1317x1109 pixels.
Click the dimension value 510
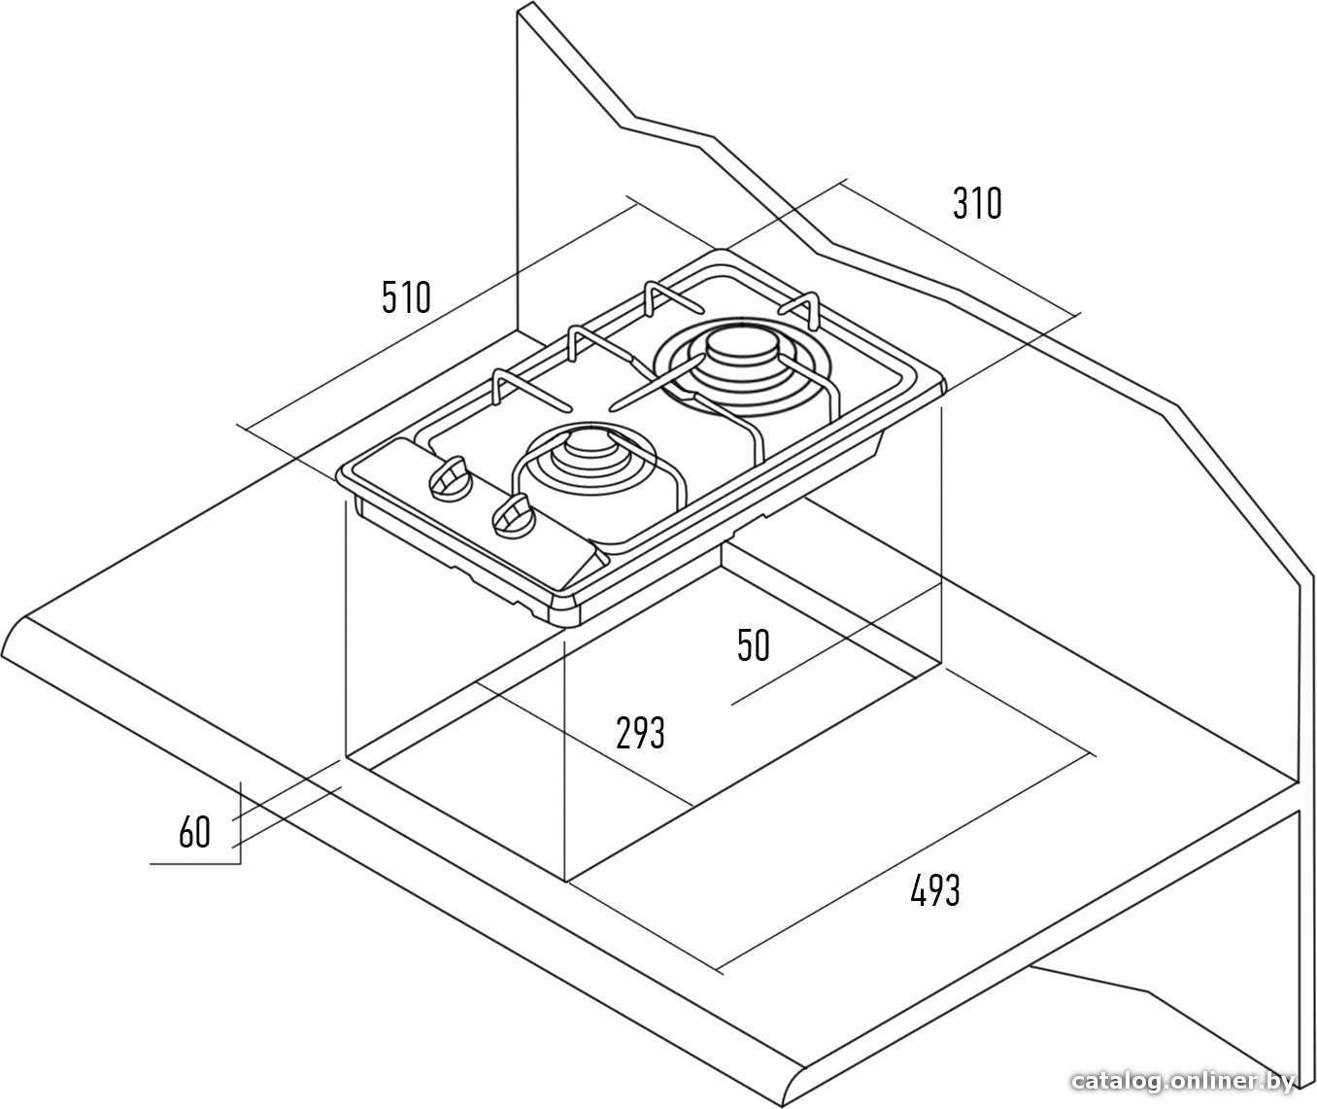click(406, 296)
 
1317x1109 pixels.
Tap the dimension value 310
click(977, 202)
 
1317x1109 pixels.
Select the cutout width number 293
click(640, 732)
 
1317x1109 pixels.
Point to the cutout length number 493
click(935, 890)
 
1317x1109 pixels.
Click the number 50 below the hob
click(754, 645)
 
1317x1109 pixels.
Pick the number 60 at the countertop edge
click(194, 832)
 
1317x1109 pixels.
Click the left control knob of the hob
click(449, 479)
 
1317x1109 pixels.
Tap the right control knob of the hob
click(513, 516)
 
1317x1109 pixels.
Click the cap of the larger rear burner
click(742, 347)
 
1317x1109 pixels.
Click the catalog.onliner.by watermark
click(1183, 1081)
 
